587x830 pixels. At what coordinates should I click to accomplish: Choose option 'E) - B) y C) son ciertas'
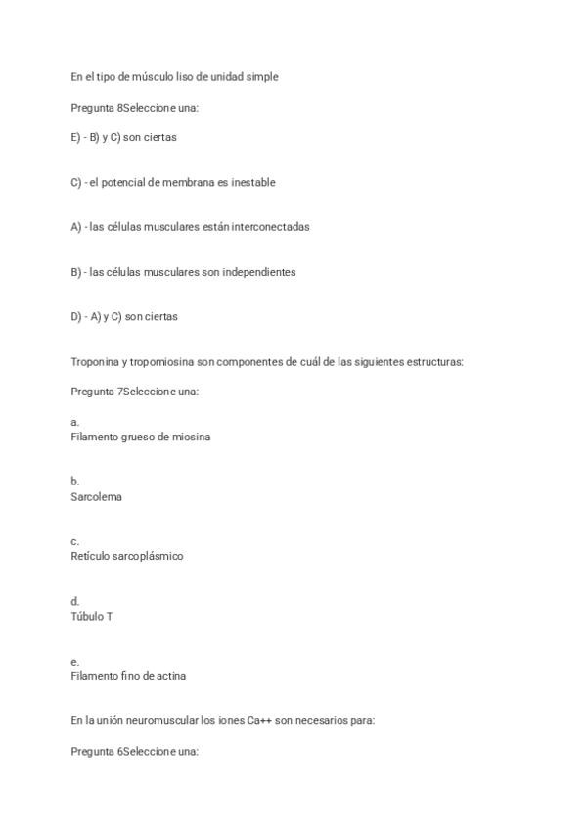tap(123, 137)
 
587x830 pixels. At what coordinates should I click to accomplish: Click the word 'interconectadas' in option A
tap(271, 227)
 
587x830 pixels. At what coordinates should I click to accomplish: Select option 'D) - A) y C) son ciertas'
tap(124, 317)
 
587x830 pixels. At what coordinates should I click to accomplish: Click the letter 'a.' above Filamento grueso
tap(75, 423)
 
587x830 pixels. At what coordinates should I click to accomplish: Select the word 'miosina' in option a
tap(191, 437)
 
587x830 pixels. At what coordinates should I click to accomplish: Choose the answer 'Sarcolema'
tap(96, 496)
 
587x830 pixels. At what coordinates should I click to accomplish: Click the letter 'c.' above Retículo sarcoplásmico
tap(75, 541)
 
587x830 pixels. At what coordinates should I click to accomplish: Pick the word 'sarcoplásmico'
tap(149, 556)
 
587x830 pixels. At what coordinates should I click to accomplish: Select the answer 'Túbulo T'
tap(92, 616)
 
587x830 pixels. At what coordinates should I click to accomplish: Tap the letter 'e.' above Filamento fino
tap(75, 662)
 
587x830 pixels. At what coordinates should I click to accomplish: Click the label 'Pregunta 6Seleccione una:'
tap(135, 751)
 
